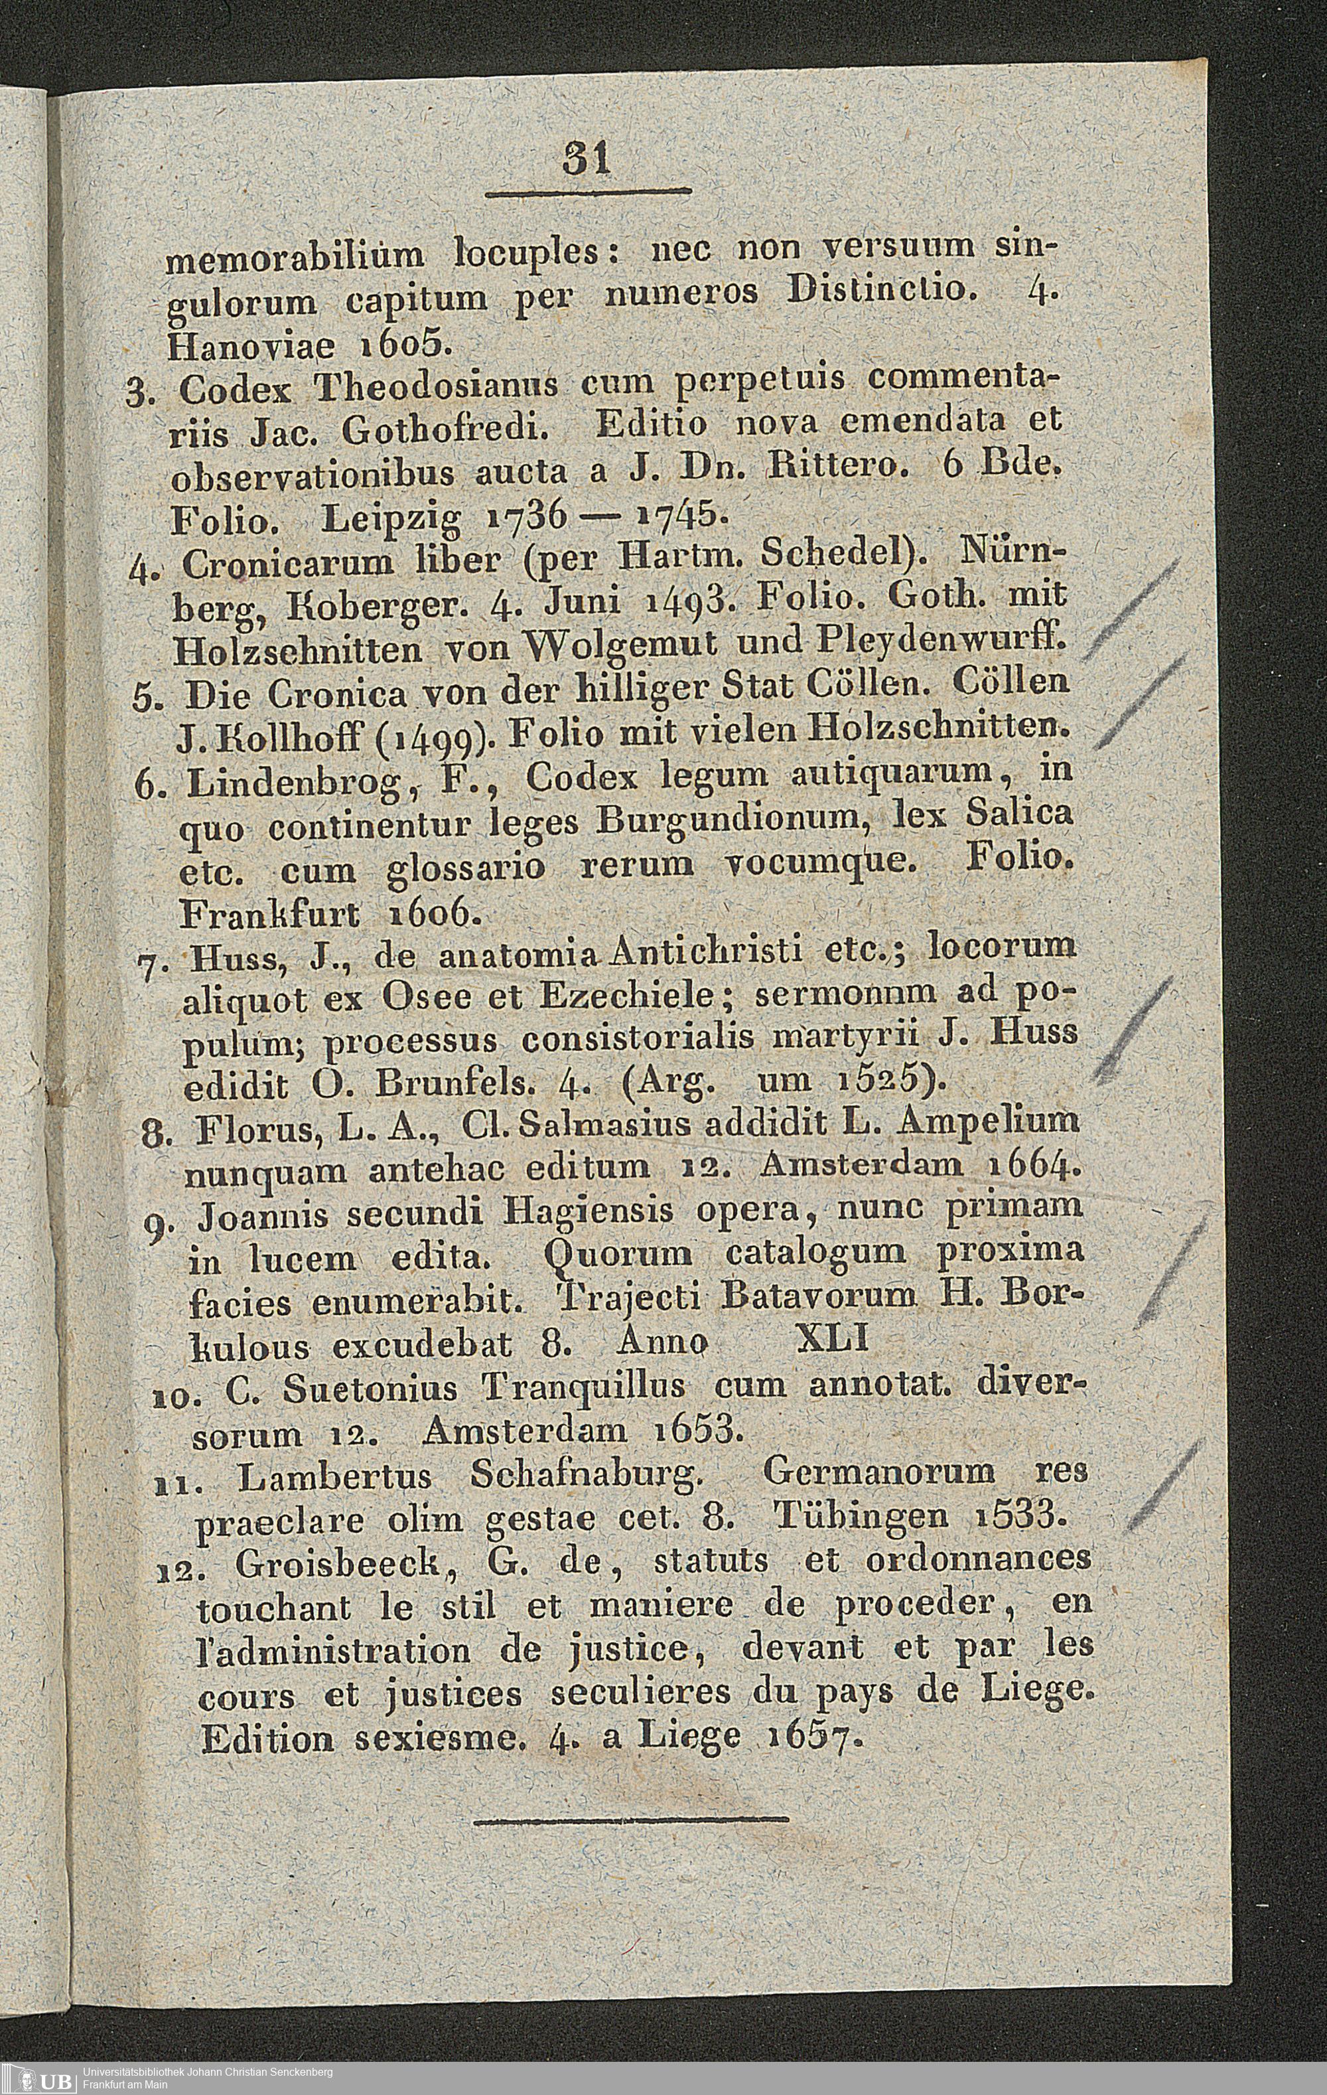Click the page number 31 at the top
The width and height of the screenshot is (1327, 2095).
587,161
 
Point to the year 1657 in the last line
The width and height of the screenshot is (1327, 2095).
815,1739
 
